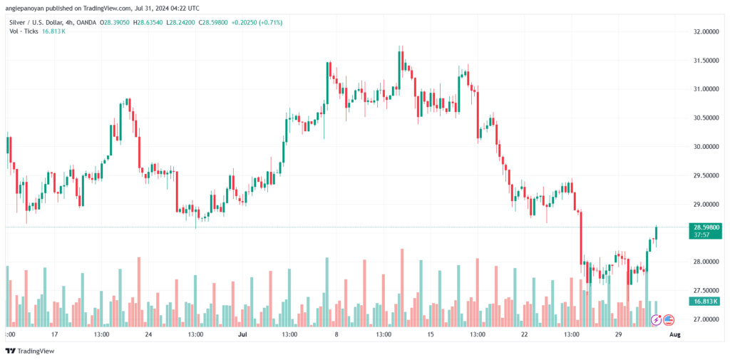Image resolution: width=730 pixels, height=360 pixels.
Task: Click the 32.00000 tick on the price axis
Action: coord(703,32)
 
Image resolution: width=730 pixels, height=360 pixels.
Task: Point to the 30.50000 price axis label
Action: coord(703,118)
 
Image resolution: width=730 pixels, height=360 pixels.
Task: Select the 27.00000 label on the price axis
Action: coord(703,319)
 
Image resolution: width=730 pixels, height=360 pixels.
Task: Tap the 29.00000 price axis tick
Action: coord(703,205)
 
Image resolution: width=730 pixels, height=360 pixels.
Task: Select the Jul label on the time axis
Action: coord(242,334)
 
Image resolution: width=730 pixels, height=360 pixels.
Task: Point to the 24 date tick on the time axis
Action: coord(148,334)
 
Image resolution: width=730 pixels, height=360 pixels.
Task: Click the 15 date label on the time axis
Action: coord(430,334)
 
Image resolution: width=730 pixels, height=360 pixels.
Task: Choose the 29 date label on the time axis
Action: coord(618,334)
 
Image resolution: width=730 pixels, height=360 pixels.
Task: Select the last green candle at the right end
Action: coord(655,233)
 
